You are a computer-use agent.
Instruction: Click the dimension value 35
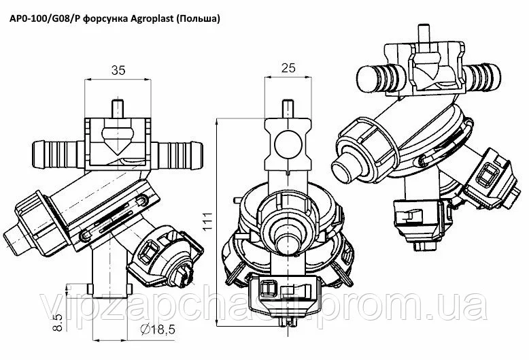pyautogui.click(x=118, y=70)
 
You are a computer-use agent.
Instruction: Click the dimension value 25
pyautogui.click(x=288, y=68)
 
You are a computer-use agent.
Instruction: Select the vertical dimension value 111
pyautogui.click(x=207, y=222)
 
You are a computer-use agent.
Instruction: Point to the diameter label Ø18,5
pyautogui.click(x=158, y=329)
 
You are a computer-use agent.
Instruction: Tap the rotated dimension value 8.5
pyautogui.click(x=58, y=322)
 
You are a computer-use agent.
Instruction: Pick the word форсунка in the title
pyautogui.click(x=104, y=19)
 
